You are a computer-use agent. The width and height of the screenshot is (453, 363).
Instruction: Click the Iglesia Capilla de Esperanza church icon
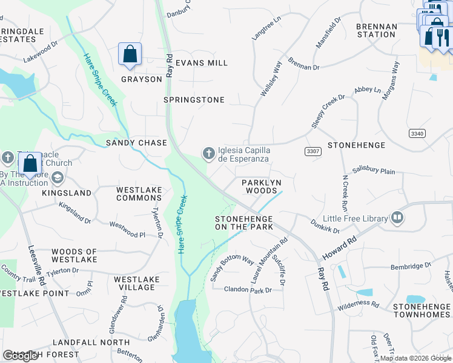(209, 154)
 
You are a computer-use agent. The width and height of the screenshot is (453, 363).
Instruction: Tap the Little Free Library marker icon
(397, 218)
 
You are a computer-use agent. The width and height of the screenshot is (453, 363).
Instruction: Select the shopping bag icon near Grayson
(130, 54)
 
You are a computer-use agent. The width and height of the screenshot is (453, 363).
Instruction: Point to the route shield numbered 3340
(417, 133)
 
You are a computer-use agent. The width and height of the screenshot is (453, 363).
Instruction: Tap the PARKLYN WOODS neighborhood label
(262, 186)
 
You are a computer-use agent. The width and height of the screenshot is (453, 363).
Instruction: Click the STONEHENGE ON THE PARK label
(244, 223)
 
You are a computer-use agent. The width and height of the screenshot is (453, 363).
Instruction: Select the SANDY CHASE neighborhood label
(136, 143)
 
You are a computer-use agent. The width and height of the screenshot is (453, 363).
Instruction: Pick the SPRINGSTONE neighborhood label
(194, 100)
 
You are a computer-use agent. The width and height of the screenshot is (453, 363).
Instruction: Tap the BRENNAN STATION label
(376, 31)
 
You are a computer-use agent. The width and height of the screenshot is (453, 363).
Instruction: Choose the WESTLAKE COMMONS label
(139, 194)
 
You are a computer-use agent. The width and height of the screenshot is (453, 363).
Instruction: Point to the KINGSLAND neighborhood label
(67, 193)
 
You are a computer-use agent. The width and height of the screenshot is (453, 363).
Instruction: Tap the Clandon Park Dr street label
(248, 290)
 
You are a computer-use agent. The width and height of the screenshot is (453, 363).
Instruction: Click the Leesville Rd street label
(37, 266)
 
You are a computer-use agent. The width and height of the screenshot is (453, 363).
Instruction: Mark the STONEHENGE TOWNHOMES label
(422, 311)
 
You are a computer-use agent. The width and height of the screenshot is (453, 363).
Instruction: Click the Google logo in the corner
(21, 356)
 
